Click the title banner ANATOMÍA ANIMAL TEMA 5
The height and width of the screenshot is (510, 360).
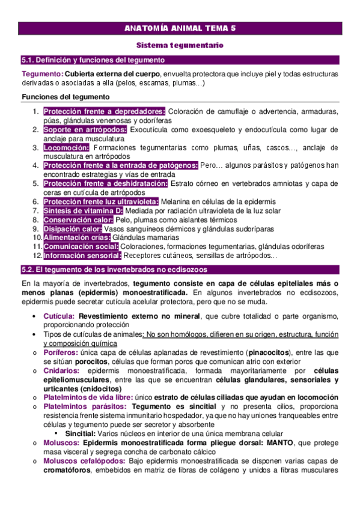[180, 28]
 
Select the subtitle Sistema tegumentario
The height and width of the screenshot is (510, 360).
[180, 45]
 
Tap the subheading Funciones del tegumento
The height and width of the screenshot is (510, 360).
[65, 97]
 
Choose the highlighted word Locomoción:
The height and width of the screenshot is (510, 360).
[67, 147]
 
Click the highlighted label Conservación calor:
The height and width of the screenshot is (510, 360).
[78, 220]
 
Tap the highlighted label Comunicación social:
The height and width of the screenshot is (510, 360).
[81, 247]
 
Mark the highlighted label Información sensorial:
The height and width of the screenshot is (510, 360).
[82, 256]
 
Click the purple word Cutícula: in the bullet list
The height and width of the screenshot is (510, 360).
[59, 316]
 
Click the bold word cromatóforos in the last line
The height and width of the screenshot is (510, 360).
[67, 470]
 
